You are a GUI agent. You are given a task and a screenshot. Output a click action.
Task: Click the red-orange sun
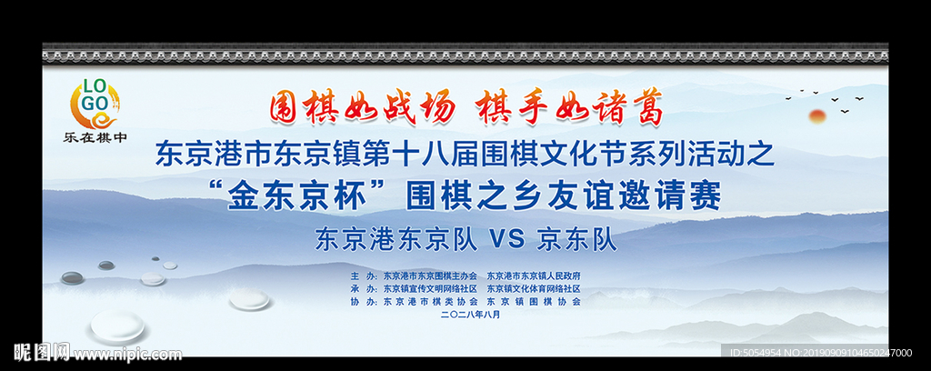click(816, 115)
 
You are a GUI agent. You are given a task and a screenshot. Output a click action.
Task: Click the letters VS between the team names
click(508, 240)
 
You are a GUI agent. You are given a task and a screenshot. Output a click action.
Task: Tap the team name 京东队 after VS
click(577, 240)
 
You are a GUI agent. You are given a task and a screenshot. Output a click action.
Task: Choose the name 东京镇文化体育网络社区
click(534, 288)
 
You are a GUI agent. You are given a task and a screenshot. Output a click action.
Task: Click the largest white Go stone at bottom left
click(119, 326)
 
